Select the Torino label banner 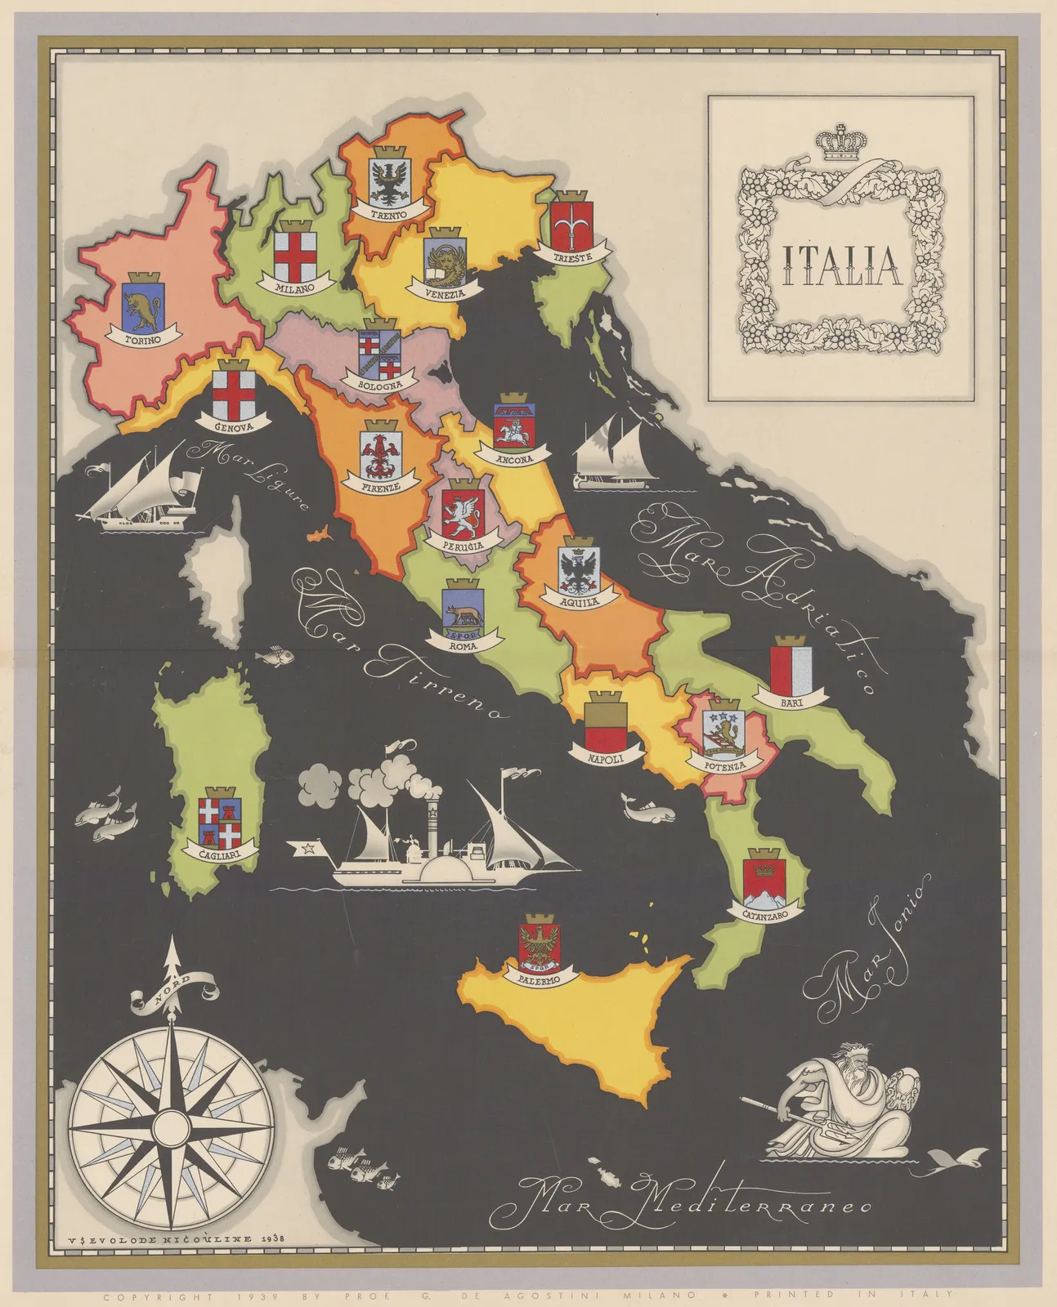142,338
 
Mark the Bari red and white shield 791,665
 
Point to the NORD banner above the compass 173,994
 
